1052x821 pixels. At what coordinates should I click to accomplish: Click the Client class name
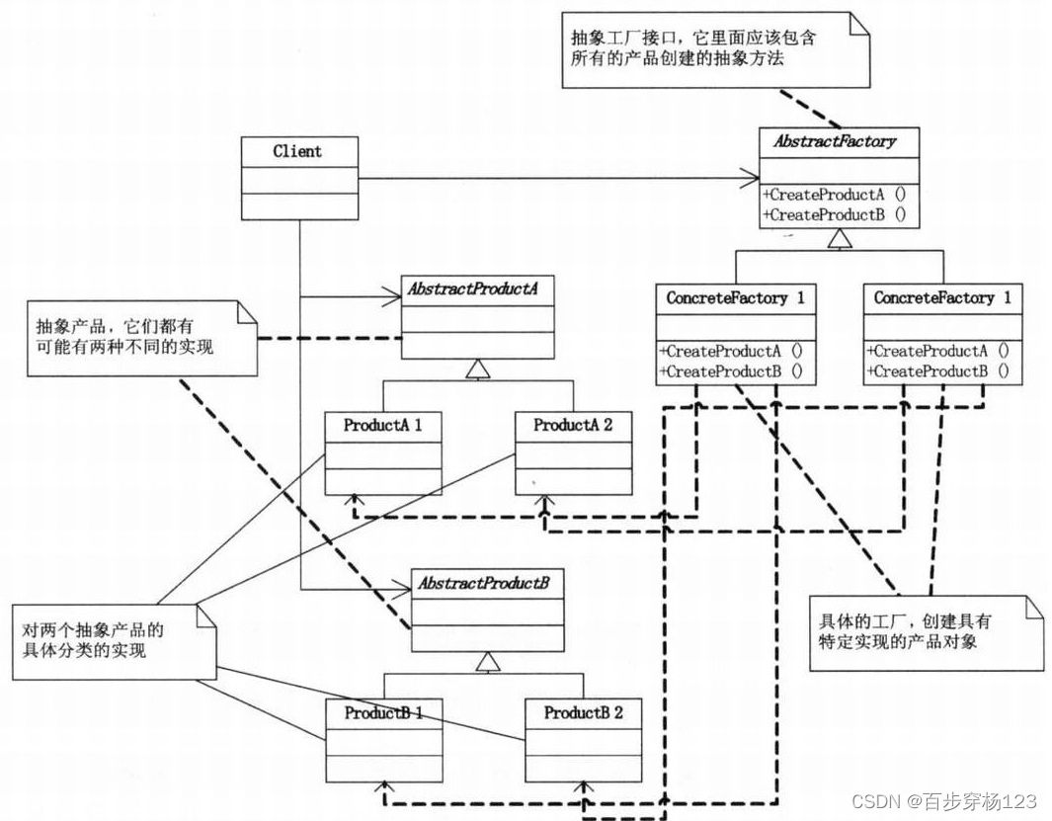[297, 152]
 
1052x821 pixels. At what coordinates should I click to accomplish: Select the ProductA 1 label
[383, 426]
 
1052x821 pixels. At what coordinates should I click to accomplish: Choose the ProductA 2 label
[573, 426]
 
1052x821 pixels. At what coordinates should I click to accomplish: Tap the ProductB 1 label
[384, 712]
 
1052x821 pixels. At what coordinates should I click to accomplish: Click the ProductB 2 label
[584, 712]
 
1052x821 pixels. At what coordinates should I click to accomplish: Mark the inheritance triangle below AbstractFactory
[839, 238]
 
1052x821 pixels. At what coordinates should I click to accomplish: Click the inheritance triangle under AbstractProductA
[477, 369]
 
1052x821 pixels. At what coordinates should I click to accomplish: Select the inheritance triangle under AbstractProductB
[483, 662]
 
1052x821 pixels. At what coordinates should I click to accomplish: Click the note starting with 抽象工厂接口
[717, 49]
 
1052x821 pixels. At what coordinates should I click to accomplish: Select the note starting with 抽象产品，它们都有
[142, 336]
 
